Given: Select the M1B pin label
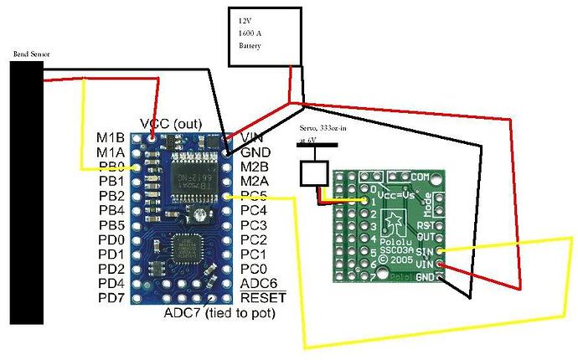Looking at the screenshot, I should pyautogui.click(x=111, y=137).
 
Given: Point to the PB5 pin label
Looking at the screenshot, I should pyautogui.click(x=111, y=225).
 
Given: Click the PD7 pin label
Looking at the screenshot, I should pyautogui.click(x=111, y=298).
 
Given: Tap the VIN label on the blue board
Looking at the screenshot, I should pyautogui.click(x=254, y=137).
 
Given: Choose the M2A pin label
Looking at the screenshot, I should pyautogui.click(x=255, y=181).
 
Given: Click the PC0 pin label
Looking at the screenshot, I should pyautogui.click(x=254, y=269).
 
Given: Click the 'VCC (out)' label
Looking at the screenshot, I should pyautogui.click(x=171, y=123).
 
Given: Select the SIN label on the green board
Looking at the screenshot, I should pyautogui.click(x=425, y=250).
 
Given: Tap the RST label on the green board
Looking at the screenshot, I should pyautogui.click(x=426, y=225).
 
